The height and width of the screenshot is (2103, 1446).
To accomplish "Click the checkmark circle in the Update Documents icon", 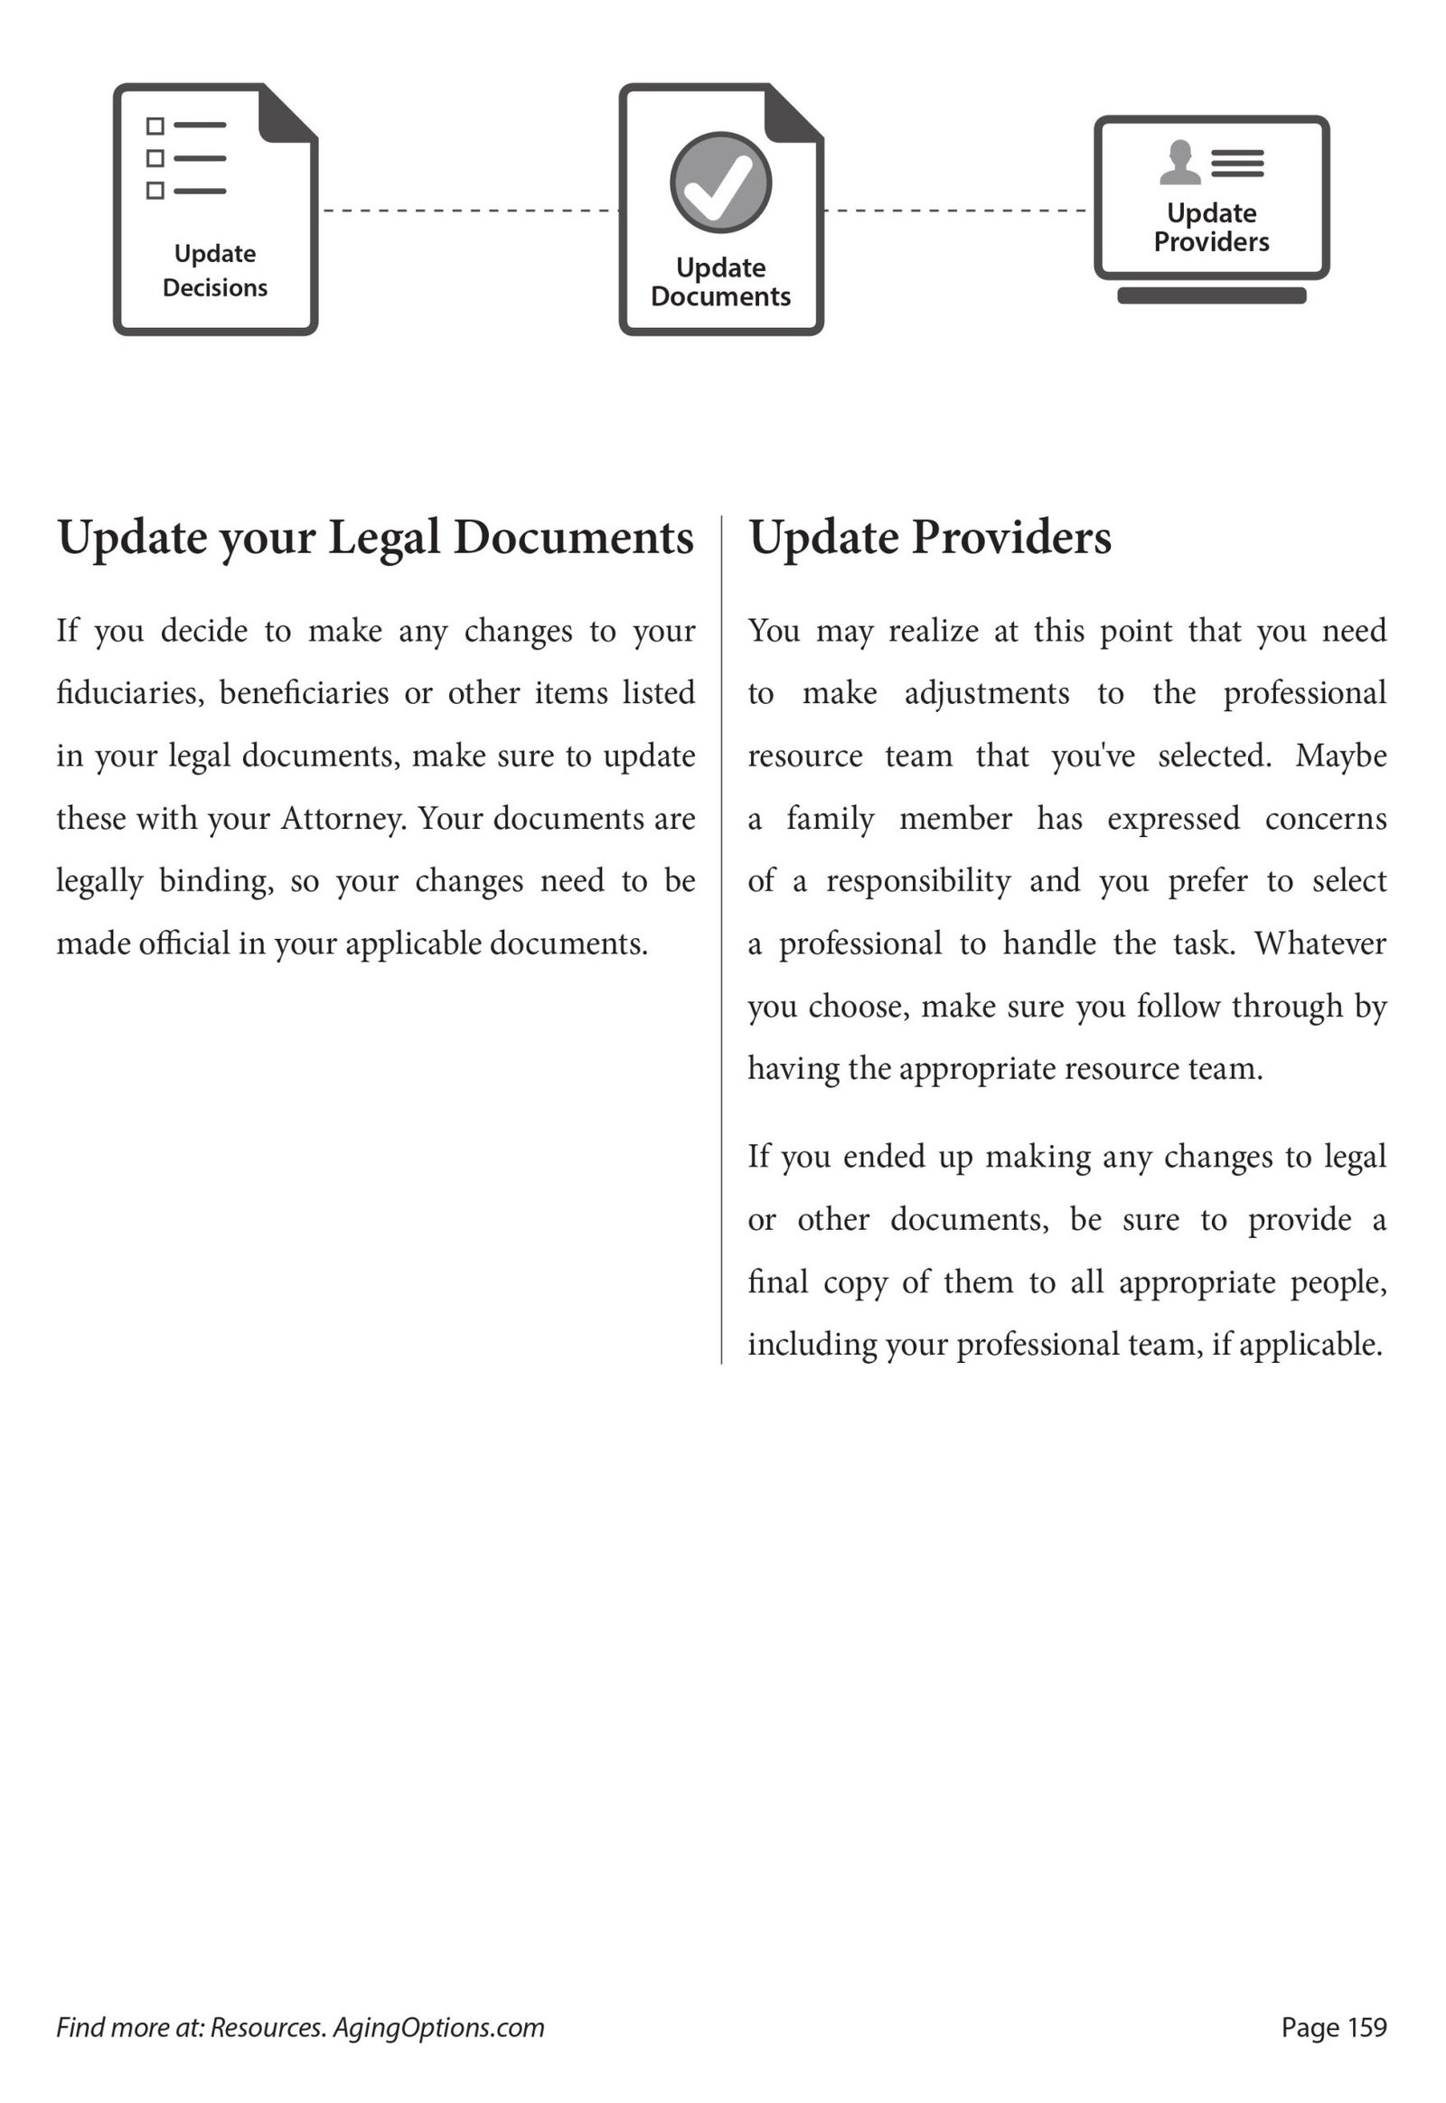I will point(720,183).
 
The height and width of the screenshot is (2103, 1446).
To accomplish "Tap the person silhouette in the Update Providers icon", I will point(1179,163).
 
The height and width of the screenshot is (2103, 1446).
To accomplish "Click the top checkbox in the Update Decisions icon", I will point(155,125).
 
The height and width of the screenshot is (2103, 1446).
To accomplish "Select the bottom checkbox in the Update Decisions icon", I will point(155,191).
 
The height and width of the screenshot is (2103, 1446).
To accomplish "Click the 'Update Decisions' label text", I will point(215,270).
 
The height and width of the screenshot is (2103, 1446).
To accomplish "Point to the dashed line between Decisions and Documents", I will point(468,211).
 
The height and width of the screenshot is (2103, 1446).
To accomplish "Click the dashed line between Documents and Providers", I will point(957,211).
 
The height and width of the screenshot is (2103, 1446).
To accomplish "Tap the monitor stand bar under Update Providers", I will point(1211,296).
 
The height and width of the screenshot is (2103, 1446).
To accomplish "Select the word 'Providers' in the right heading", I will point(1011,538).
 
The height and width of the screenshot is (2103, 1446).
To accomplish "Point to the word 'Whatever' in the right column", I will point(1320,944).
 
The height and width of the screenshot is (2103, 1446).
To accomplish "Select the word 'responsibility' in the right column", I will point(918,882).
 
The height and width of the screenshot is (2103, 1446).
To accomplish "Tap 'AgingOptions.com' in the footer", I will point(438,2027).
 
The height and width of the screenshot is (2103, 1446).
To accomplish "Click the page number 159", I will point(1367,2027).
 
